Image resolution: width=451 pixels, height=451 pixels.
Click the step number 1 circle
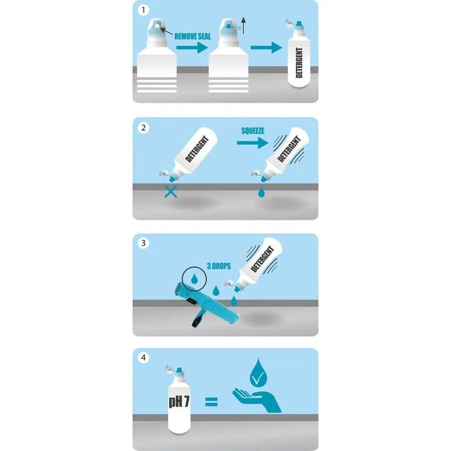(141, 10)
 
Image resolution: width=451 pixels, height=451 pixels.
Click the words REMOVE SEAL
(193, 37)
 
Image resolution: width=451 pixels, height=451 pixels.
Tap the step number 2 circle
(141, 126)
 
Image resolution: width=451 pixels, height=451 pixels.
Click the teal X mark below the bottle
(171, 192)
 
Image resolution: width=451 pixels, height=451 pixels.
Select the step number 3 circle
(141, 242)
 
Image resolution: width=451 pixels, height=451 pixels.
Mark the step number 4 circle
(141, 357)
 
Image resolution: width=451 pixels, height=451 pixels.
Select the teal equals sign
(211, 402)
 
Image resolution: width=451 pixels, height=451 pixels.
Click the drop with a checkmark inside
(258, 373)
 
